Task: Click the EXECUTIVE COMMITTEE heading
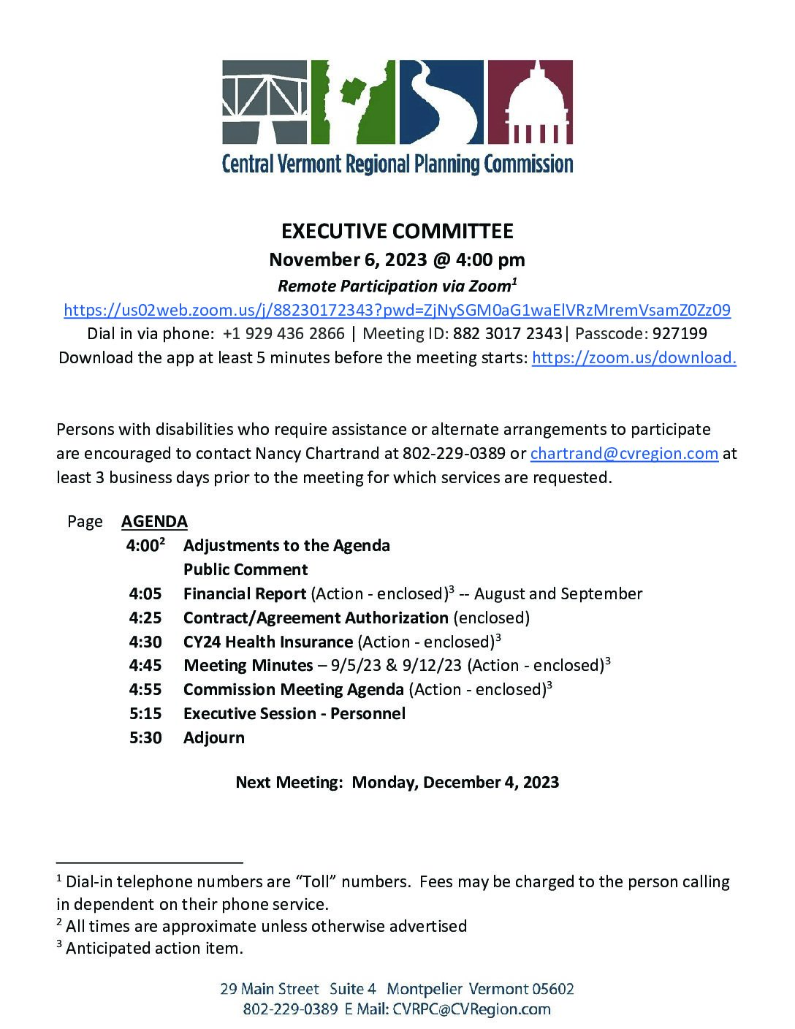pos(397,231)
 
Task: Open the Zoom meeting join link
pos(397,310)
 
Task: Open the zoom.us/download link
pos(634,357)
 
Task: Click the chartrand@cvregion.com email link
pos(624,453)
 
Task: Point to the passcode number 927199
pos(680,334)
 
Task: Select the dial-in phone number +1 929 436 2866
pos(284,334)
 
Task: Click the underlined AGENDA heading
pos(154,521)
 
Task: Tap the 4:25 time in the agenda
pos(145,618)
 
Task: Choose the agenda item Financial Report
pos(244,593)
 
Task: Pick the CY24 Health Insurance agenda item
pos(267,642)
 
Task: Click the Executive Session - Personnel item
pos(294,713)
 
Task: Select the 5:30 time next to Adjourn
pos(145,737)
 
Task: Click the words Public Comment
pos(246,569)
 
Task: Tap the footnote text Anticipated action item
pos(153,949)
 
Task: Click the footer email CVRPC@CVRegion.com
pos(471,1009)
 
